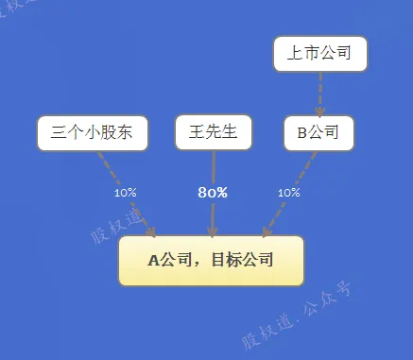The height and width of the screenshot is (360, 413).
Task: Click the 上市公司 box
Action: pos(320,54)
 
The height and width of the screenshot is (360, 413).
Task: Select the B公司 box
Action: pos(319,133)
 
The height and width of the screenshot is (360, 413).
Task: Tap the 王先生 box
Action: pos(214,132)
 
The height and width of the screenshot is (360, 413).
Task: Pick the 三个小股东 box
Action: pos(93,133)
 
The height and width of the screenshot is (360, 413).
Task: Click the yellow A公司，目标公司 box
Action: pos(211,261)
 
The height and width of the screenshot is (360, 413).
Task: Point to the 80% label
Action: pos(213,193)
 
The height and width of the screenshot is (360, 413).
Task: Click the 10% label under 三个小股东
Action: pos(126,193)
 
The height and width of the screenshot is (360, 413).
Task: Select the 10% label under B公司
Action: pos(289,193)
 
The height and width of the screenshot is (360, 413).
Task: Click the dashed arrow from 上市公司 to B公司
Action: pos(320,94)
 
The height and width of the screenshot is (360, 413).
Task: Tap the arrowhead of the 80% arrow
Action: pos(213,231)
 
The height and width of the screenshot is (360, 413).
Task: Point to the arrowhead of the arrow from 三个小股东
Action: pos(150,232)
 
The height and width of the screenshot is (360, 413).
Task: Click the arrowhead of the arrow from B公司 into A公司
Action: pos(267,231)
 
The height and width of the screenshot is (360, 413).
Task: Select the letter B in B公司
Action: pos(301,133)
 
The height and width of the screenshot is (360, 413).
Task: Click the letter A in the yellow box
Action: pos(154,261)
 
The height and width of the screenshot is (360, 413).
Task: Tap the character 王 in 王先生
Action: pos(197,132)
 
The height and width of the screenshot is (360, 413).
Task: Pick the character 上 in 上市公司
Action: pos(295,53)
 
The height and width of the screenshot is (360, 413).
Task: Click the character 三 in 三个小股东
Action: pos(59,133)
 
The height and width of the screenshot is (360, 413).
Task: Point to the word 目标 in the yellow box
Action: pos(227,261)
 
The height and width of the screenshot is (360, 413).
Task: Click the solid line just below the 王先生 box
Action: pos(214,167)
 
